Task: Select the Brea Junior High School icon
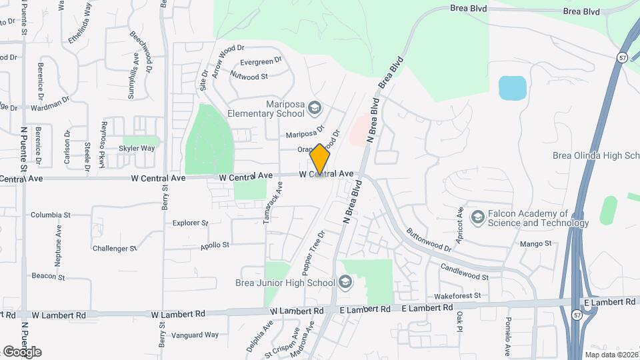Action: [x=345, y=283]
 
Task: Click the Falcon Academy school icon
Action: [x=477, y=217]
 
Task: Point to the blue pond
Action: [x=512, y=88]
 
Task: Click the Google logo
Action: [x=22, y=351]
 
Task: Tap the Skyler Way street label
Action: [x=139, y=148]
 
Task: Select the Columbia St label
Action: [x=51, y=215]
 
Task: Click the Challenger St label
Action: [x=115, y=249]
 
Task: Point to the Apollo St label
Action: [x=215, y=245]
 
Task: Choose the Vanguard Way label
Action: [x=195, y=335]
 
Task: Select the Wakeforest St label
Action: [x=457, y=295]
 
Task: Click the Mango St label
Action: [x=536, y=244]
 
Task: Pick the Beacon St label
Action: [x=48, y=276]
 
